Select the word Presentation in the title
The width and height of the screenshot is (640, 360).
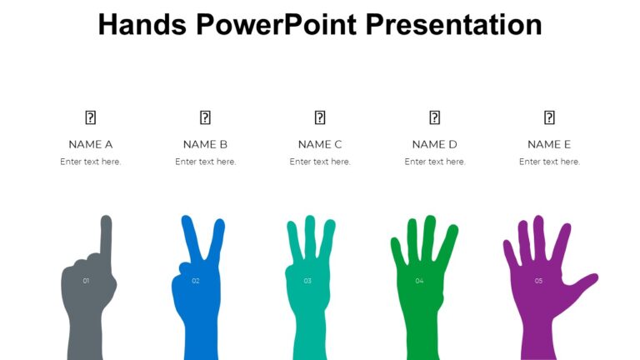tap(454, 24)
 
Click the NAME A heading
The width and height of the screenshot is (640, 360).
tap(91, 144)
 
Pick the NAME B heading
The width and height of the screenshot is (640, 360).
tap(205, 144)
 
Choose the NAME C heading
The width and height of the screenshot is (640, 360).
tap(320, 144)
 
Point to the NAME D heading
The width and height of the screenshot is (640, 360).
tap(434, 144)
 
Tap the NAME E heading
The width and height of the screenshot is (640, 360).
tap(549, 144)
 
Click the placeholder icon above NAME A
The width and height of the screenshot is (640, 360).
tap(91, 117)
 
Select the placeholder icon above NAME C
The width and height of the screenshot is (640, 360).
tap(320, 117)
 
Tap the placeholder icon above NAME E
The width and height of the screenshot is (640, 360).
tap(549, 117)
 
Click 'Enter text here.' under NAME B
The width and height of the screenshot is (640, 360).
tap(205, 162)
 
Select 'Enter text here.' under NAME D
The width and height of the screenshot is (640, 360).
tap(434, 162)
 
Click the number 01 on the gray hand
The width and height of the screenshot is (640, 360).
tap(86, 281)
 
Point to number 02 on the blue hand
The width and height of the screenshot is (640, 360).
tap(196, 281)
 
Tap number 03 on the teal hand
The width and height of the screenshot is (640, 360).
tap(307, 281)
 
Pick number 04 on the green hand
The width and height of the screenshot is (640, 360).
tap(419, 281)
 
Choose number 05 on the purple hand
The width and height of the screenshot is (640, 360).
tap(538, 281)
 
